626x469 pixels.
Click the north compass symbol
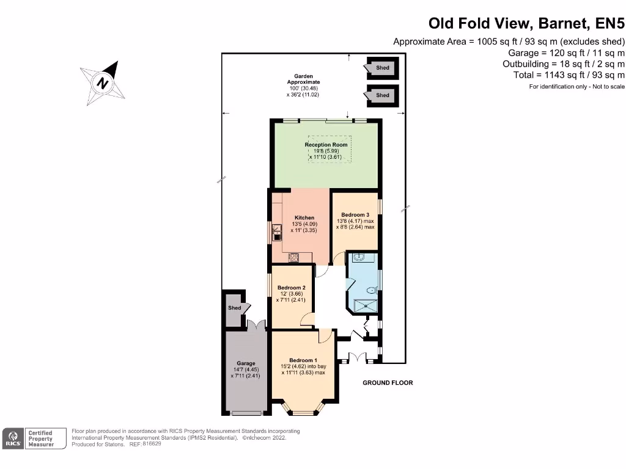point(102,82)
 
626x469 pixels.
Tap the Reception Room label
point(326,145)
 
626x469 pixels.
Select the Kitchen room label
point(304,218)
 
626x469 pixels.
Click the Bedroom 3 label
point(355,215)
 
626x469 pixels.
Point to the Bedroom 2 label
point(291,288)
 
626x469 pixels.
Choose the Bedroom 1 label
point(303,360)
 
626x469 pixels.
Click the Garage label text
point(246,363)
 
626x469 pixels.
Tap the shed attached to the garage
point(235,308)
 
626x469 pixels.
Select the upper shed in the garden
point(382,68)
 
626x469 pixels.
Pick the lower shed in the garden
point(382,95)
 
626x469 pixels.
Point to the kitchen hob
point(293,257)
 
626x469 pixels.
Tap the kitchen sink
point(276,230)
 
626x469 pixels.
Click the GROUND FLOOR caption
point(388,383)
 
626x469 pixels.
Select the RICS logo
point(12,438)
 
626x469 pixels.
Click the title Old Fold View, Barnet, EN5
point(526,23)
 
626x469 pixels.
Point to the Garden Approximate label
point(303,79)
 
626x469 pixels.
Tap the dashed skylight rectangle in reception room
point(330,149)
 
